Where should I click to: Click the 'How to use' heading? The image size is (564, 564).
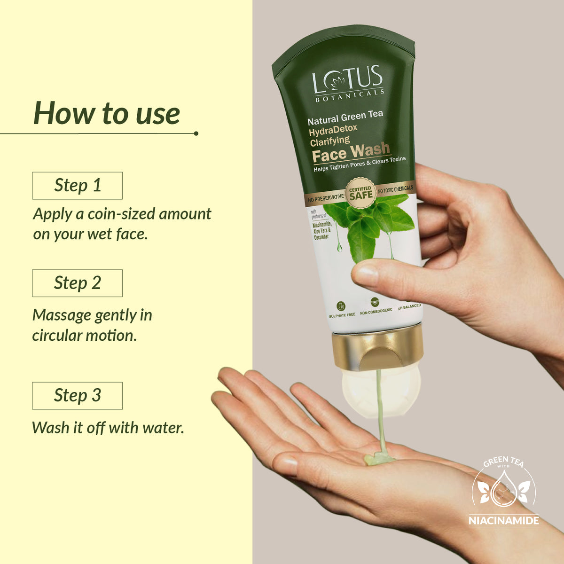pyautogui.click(x=107, y=113)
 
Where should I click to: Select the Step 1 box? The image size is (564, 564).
pyautogui.click(x=77, y=185)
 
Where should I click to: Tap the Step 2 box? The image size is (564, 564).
pyautogui.click(x=77, y=283)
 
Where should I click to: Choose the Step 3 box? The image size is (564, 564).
pyautogui.click(x=77, y=395)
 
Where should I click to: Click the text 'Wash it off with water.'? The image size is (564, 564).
pyautogui.click(x=108, y=428)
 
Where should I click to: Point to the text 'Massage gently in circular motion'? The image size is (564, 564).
pyautogui.click(x=92, y=325)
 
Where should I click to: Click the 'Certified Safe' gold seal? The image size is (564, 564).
pyautogui.click(x=360, y=192)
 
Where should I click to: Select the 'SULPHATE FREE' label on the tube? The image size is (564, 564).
pyautogui.click(x=342, y=314)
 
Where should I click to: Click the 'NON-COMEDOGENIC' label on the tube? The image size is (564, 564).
pyautogui.click(x=376, y=312)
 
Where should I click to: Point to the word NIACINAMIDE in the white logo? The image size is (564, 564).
pyautogui.click(x=503, y=520)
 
